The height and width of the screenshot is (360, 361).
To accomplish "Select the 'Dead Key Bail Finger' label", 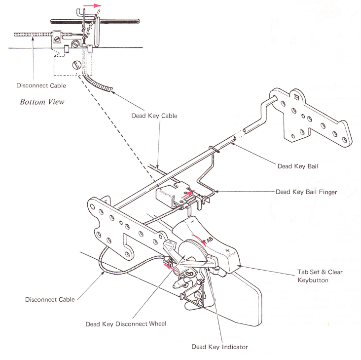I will [x=305, y=192].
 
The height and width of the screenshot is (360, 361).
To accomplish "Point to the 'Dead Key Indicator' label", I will [x=219, y=346].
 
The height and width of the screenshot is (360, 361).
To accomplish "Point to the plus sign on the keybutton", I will [x=227, y=251].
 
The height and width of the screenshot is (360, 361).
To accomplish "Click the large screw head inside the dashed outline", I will [x=76, y=64].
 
